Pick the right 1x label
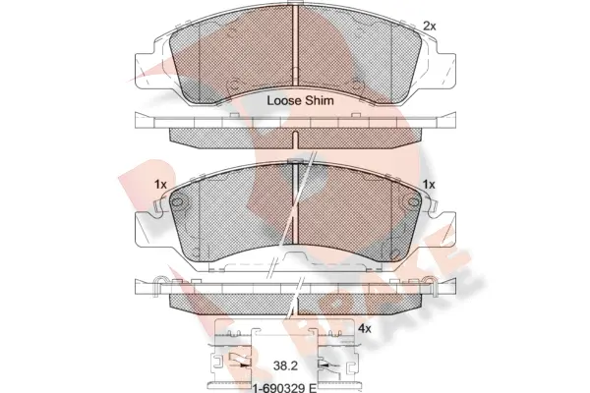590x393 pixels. coord(429,185)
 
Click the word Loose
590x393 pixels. coord(283,99)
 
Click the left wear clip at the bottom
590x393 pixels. coord(234,365)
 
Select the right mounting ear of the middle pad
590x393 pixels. coord(443,229)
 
